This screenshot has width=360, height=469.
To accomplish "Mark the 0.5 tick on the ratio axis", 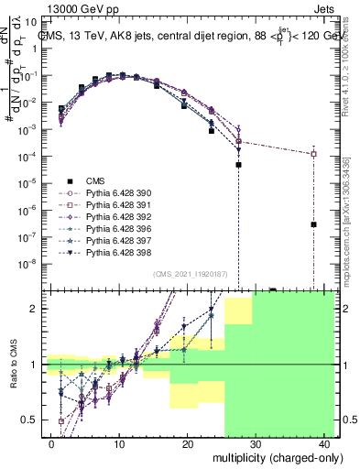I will [x=28, y=420].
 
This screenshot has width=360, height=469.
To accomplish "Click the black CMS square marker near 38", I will [x=313, y=224].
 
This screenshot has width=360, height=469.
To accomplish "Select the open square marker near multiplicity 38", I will [x=313, y=153].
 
